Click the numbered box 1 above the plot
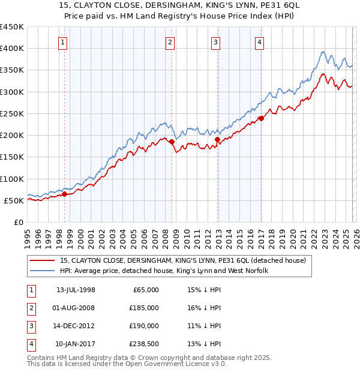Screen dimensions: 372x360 tap(63, 42)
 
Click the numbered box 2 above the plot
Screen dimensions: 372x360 tap(170, 42)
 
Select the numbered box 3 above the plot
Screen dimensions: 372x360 tap(215, 42)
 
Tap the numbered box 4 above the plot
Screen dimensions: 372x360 tap(259, 42)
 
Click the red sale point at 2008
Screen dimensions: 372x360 tap(172, 142)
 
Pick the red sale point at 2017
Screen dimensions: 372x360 tap(262, 119)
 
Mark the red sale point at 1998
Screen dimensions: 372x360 tap(65, 194)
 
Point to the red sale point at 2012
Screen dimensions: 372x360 tap(218, 140)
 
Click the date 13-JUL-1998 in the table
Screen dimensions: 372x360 tap(76, 290)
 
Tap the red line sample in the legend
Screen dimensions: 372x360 tap(43, 260)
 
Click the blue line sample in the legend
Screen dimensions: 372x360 tap(43, 271)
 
